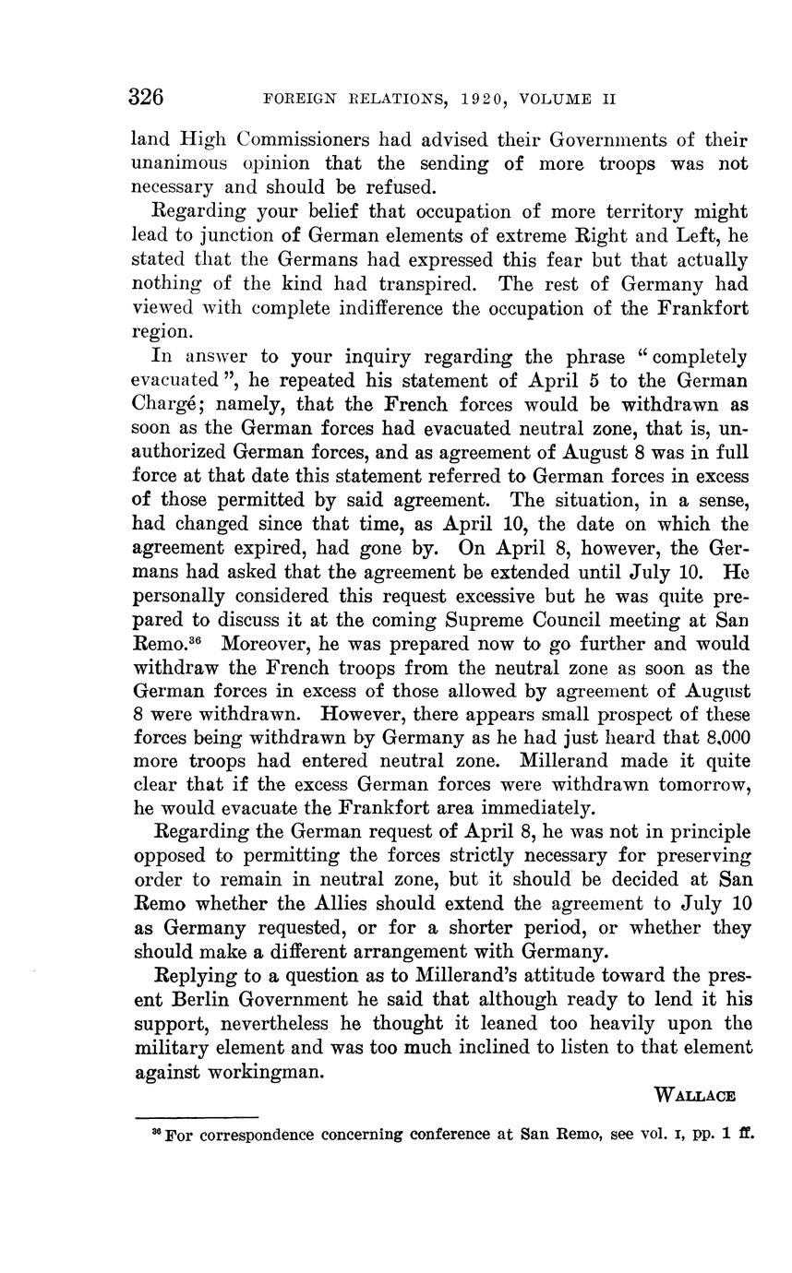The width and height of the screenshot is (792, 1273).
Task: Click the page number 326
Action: click(148, 98)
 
